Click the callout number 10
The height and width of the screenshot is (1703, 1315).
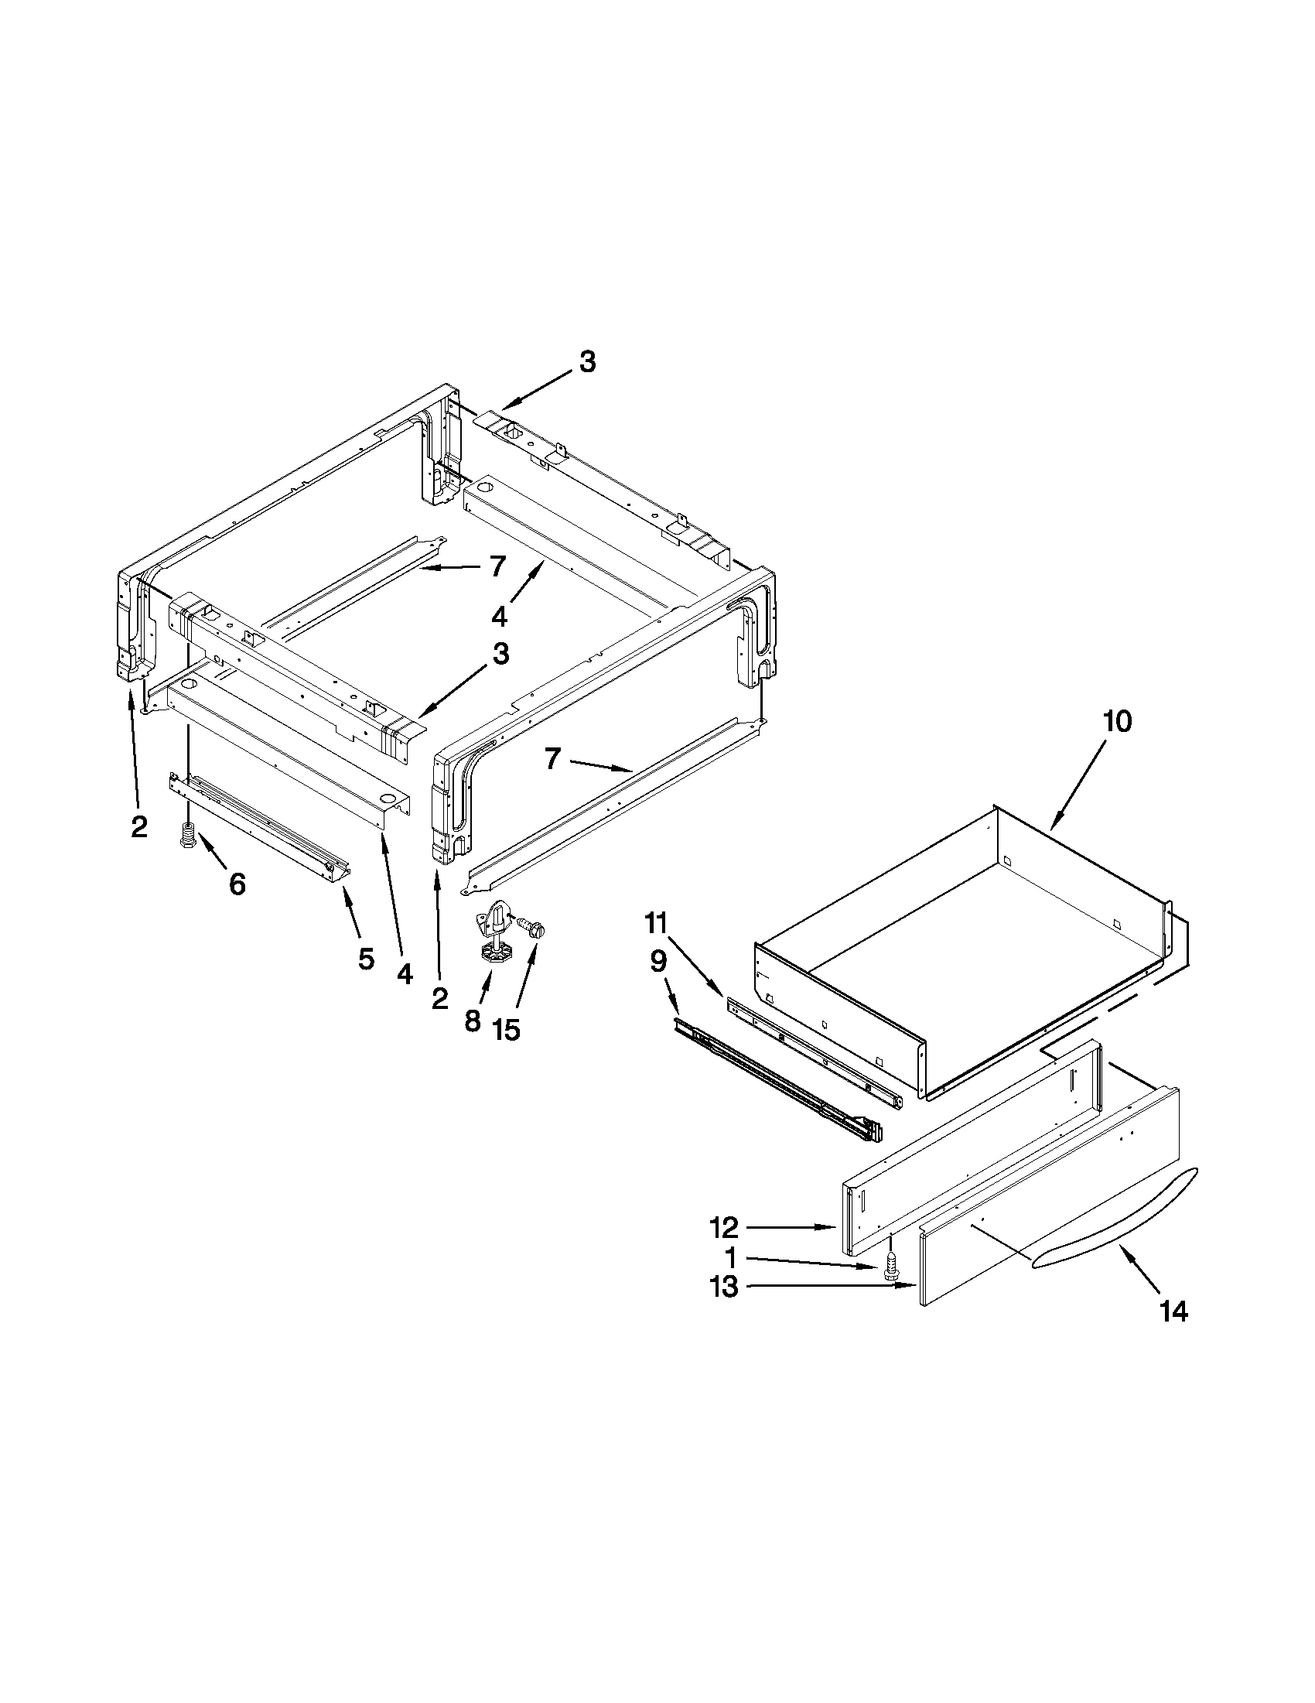[x=1116, y=722]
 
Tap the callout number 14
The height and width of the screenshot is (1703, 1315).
[x=1173, y=1312]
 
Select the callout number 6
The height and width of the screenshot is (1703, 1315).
[x=237, y=884]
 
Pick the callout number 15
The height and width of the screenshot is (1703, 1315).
[x=506, y=1030]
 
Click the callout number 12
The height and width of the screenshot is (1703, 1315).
[x=723, y=1228]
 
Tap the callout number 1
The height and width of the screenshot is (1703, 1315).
[x=729, y=1258]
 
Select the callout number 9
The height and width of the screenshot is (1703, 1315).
[x=658, y=963]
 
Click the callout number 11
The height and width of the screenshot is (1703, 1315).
[x=655, y=925]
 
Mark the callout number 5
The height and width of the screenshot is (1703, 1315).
[x=366, y=959]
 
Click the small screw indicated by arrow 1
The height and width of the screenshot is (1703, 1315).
[x=890, y=1267]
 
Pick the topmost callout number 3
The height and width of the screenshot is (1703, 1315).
[x=588, y=362]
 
